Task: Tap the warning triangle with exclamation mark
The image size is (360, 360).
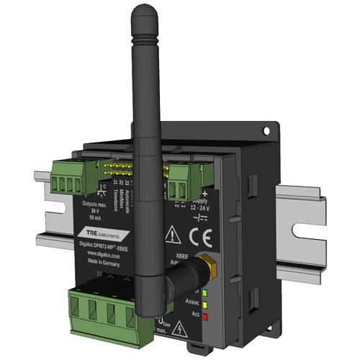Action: [174, 234]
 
